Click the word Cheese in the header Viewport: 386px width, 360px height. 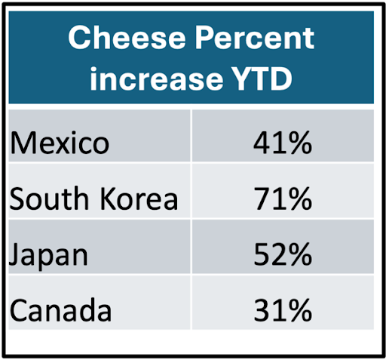[127, 38]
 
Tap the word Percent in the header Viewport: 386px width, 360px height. [255, 38]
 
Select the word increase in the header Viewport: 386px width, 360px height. [157, 78]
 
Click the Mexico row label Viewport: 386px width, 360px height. [60, 143]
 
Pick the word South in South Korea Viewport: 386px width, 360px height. [49, 198]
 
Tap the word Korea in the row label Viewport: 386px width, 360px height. [139, 198]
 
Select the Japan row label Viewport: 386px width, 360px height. [48, 256]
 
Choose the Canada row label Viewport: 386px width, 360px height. [60, 310]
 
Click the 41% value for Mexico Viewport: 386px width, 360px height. [283, 143]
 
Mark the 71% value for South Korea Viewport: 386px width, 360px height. [283, 198]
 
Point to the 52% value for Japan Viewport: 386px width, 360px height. [283, 254]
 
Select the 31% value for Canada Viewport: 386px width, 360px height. [283, 310]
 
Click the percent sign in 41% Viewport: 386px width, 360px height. [300, 143]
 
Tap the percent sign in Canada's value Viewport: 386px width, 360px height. [300, 310]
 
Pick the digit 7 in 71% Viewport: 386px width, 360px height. [262, 198]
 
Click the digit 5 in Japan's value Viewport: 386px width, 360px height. [262, 254]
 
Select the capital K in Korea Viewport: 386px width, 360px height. [108, 198]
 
